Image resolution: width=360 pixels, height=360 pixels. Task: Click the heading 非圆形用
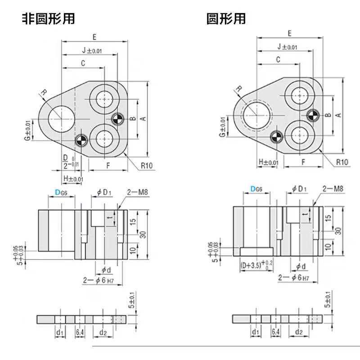(48, 19)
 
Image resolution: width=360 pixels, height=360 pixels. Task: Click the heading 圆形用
(226, 19)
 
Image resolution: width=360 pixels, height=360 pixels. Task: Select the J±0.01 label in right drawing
(287, 46)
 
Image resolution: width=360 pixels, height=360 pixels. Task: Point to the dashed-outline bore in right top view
(256, 114)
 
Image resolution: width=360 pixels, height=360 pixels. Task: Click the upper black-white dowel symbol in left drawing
(117, 120)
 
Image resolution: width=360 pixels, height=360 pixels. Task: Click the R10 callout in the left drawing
(147, 166)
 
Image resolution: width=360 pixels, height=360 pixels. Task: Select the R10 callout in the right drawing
(341, 162)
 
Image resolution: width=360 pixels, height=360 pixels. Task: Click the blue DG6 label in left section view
(61, 192)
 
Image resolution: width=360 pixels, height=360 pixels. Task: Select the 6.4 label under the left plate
(80, 333)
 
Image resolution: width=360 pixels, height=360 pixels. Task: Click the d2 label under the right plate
(298, 332)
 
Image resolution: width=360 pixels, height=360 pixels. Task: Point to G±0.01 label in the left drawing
(27, 131)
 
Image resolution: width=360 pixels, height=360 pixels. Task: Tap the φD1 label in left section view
(104, 192)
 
